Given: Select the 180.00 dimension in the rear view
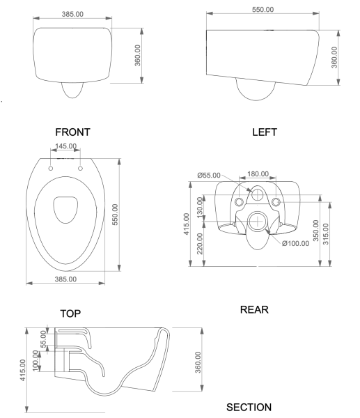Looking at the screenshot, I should tap(258, 173).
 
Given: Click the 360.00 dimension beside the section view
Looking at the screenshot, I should tap(199, 363).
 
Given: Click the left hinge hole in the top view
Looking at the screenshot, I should tap(52, 168).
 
